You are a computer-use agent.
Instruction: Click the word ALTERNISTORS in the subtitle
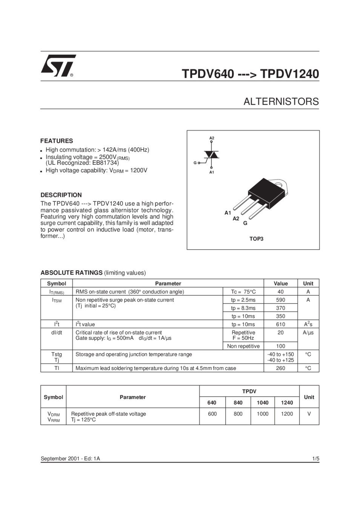(281, 102)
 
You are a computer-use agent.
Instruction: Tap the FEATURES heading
(57, 141)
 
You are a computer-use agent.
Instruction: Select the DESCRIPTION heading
(61, 195)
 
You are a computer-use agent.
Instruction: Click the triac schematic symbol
(211, 155)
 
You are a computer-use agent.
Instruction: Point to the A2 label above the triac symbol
(212, 138)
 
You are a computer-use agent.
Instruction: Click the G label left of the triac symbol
(195, 163)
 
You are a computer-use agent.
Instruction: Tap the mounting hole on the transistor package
(279, 185)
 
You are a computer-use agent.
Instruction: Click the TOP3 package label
(256, 239)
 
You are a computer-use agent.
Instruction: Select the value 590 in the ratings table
(280, 300)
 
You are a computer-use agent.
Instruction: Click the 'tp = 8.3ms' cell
(243, 308)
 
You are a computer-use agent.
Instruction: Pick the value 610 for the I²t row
(280, 324)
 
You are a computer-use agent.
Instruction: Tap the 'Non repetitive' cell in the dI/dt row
(243, 346)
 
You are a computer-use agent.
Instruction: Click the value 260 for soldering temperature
(280, 368)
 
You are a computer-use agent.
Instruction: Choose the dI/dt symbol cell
(57, 333)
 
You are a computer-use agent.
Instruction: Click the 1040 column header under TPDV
(262, 403)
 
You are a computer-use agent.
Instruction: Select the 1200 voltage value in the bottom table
(287, 414)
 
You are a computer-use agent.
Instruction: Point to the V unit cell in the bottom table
(309, 414)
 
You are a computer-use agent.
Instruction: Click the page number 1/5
(315, 458)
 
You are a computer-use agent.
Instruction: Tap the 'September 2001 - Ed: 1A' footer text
(70, 458)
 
